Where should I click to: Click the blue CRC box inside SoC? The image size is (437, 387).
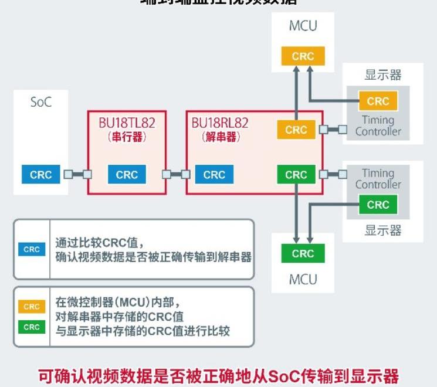[x=40, y=175]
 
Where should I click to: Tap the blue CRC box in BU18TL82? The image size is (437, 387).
[x=127, y=175]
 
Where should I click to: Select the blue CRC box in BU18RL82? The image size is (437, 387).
[x=214, y=175]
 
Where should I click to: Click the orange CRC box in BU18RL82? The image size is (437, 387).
[x=296, y=130]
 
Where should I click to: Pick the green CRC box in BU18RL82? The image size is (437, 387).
[x=296, y=175]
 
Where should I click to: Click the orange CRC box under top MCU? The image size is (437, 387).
[x=303, y=56]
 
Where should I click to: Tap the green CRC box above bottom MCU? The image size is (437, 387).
[x=303, y=253]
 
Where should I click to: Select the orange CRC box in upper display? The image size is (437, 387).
[x=378, y=101]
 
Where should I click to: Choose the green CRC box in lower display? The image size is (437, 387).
[x=378, y=205]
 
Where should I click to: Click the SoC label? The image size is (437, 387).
[x=41, y=102]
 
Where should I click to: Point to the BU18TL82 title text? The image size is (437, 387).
[x=127, y=124]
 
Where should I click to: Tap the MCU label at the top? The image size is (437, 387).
[x=303, y=26]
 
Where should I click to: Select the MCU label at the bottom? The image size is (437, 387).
[x=303, y=279]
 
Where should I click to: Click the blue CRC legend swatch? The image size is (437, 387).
[x=32, y=249]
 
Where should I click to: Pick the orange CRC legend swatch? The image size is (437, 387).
[x=32, y=306]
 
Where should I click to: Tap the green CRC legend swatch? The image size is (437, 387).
[x=32, y=327]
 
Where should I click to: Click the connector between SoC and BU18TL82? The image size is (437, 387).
[x=77, y=174]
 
